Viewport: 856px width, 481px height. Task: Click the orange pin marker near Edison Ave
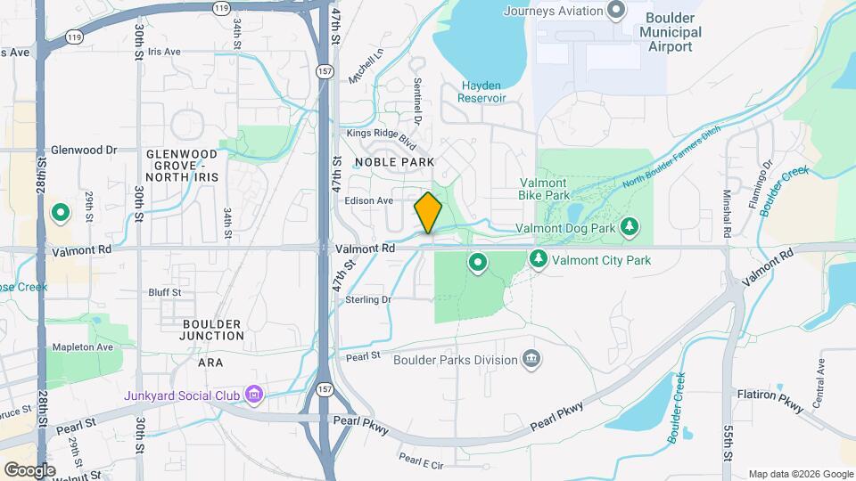point(429,213)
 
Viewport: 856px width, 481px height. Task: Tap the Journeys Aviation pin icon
point(615,11)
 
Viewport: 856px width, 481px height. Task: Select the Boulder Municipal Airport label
point(671,32)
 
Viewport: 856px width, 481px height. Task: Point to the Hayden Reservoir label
point(483,92)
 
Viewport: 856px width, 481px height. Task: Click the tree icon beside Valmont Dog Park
point(630,228)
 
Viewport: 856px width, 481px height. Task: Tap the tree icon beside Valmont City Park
point(538,260)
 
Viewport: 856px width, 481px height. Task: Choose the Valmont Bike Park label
point(544,188)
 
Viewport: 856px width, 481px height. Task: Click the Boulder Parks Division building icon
point(531,360)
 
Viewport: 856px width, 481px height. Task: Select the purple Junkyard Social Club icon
point(254,393)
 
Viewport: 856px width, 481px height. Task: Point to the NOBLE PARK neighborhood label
point(394,162)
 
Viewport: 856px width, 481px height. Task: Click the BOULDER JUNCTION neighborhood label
point(211,330)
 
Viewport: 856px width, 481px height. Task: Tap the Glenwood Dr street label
point(84,150)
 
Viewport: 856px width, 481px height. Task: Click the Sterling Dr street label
point(368,300)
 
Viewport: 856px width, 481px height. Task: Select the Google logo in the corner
point(29,469)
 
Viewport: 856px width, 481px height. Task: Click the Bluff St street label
point(164,292)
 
